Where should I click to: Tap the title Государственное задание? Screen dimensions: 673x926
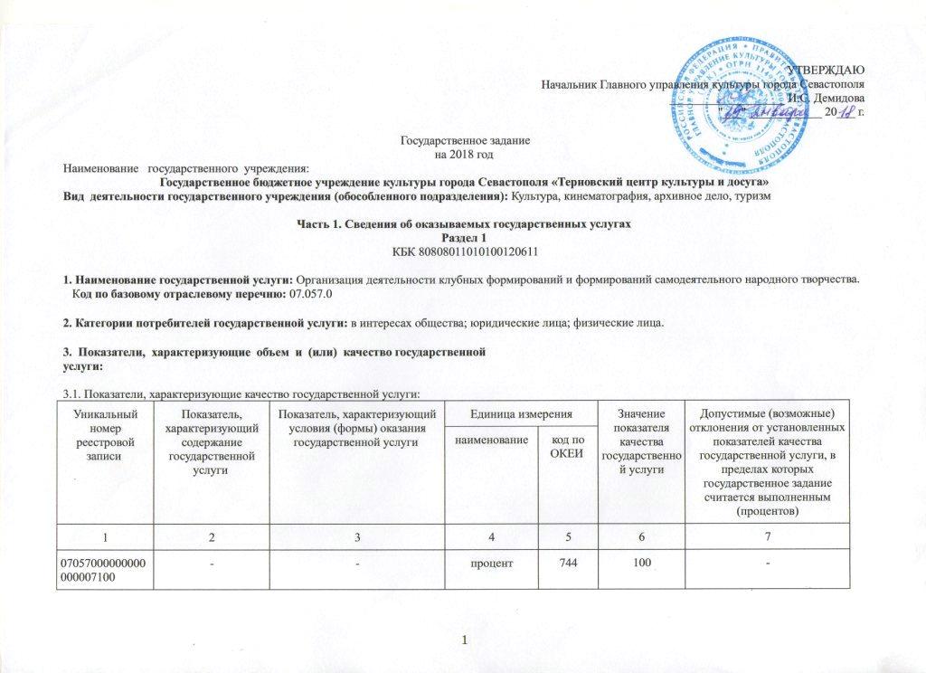click(x=465, y=143)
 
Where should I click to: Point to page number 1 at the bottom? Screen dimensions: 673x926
click(x=464, y=641)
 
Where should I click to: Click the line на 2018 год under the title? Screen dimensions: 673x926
click(x=465, y=155)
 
